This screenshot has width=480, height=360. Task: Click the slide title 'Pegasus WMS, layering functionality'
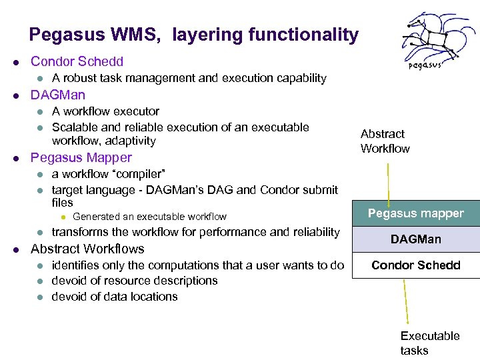tap(193, 35)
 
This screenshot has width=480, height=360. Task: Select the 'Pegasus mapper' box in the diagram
tap(416, 213)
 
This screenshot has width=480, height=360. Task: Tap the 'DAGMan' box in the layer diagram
tap(416, 239)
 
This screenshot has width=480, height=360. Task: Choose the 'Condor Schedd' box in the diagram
tap(416, 265)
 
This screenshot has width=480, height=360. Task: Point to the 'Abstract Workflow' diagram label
tap(385, 141)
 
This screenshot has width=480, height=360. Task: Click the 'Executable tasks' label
tap(429, 343)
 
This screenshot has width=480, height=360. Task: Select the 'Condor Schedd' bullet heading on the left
tap(77, 62)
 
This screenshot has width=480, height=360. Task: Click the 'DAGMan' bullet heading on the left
tap(58, 95)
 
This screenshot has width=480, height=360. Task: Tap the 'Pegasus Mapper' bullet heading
tap(81, 158)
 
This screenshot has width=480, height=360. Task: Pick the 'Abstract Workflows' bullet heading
tap(87, 249)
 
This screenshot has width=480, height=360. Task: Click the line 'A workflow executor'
tap(105, 111)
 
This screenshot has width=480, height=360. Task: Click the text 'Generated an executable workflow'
tap(149, 217)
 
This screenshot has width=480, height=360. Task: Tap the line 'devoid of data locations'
tap(115, 297)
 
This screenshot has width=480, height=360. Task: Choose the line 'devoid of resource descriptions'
tap(135, 281)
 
